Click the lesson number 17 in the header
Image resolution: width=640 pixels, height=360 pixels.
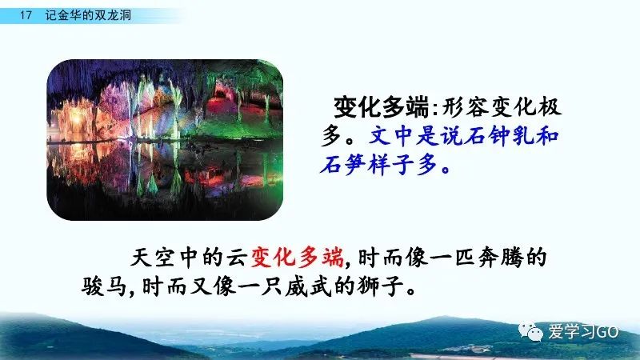(x=26, y=15)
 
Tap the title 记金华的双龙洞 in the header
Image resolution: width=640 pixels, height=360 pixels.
(x=88, y=15)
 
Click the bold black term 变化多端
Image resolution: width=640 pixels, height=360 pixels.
(x=381, y=107)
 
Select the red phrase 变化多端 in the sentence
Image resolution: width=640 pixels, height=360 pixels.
(x=297, y=258)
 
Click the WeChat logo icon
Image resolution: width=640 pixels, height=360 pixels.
(x=530, y=331)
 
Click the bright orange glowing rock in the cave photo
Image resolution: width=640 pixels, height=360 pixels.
(x=76, y=118)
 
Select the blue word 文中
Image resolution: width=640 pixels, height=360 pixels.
(x=391, y=136)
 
